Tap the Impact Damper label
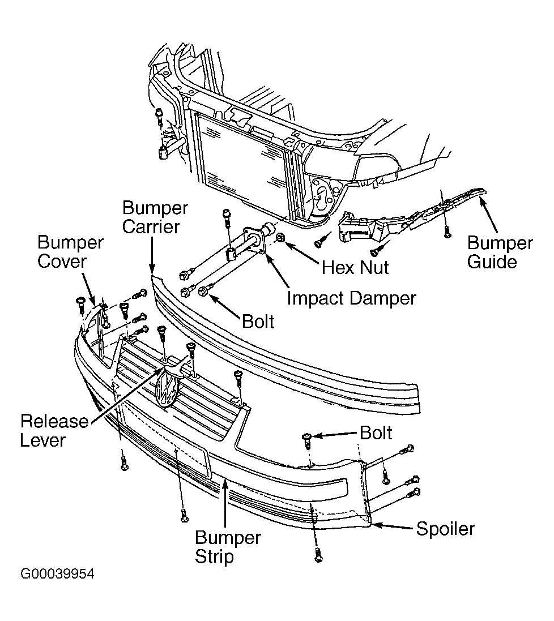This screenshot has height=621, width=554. click(351, 298)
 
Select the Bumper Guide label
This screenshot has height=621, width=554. click(500, 252)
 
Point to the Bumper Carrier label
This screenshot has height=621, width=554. click(155, 217)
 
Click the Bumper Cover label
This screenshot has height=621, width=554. click(70, 252)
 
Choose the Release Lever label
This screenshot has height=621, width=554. click(54, 431)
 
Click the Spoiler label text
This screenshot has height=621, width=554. click(445, 529)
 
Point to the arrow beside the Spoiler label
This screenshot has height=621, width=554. click(391, 527)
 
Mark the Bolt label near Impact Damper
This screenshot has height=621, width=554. click(258, 322)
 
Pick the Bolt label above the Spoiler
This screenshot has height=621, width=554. click(376, 433)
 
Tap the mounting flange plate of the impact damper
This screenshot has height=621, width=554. click(254, 240)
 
